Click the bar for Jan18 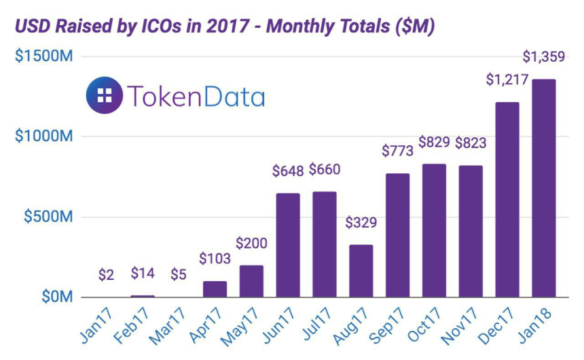pos(543,188)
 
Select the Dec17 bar pos(507,200)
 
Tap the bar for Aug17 pos(361,271)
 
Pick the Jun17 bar pos(288,245)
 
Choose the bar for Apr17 pos(215,289)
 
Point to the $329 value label pos(361,222)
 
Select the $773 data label pos(397,151)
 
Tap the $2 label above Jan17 pos(105,275)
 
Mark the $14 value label pos(143,274)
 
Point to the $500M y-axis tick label pos(48,217)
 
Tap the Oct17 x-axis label pos(428,327)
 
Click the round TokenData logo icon pos(105,96)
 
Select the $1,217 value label pos(507,79)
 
